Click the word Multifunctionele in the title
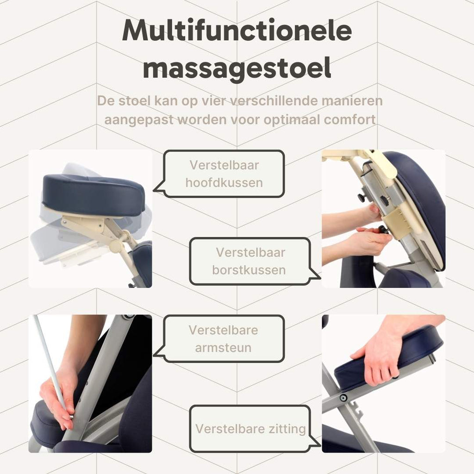[237, 31]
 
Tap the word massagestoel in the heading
[237, 69]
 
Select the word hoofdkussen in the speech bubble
[224, 183]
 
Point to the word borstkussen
[249, 270]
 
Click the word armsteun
[223, 348]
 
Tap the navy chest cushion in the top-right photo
[418, 209]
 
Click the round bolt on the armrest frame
[343, 398]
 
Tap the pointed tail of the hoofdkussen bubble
[154, 191]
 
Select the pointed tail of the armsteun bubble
[154, 355]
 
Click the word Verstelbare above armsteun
[224, 330]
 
